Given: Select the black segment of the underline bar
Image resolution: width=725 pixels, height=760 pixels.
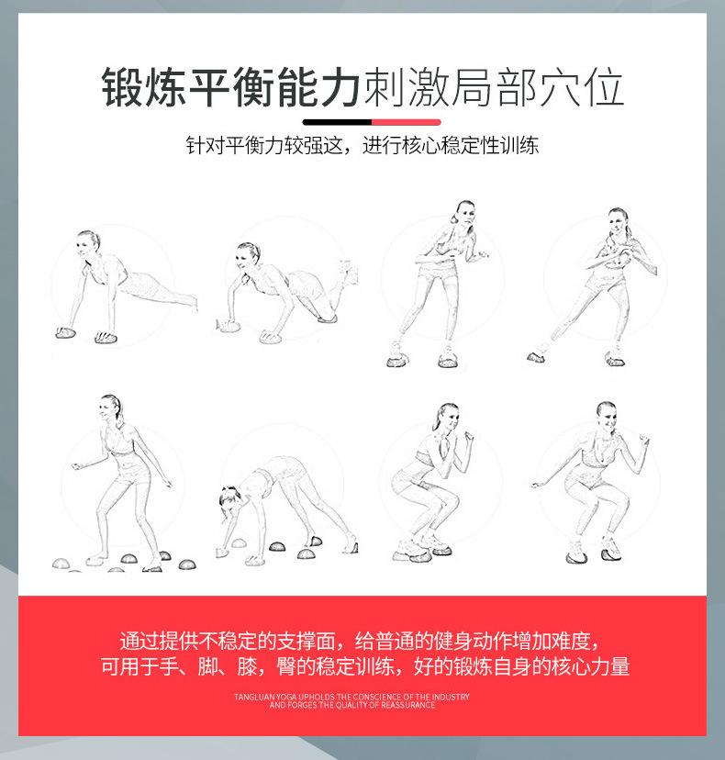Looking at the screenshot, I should point(336,121).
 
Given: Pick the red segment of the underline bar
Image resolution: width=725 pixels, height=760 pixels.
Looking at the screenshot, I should point(406,121).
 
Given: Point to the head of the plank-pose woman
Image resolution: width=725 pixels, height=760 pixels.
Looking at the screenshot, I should point(89,242).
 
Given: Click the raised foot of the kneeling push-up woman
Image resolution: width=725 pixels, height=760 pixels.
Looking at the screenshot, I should point(345,270).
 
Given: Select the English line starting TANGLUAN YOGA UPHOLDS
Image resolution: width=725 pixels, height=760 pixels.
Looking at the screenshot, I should point(351,697).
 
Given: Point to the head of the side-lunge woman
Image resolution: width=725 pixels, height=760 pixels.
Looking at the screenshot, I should point(618,219).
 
